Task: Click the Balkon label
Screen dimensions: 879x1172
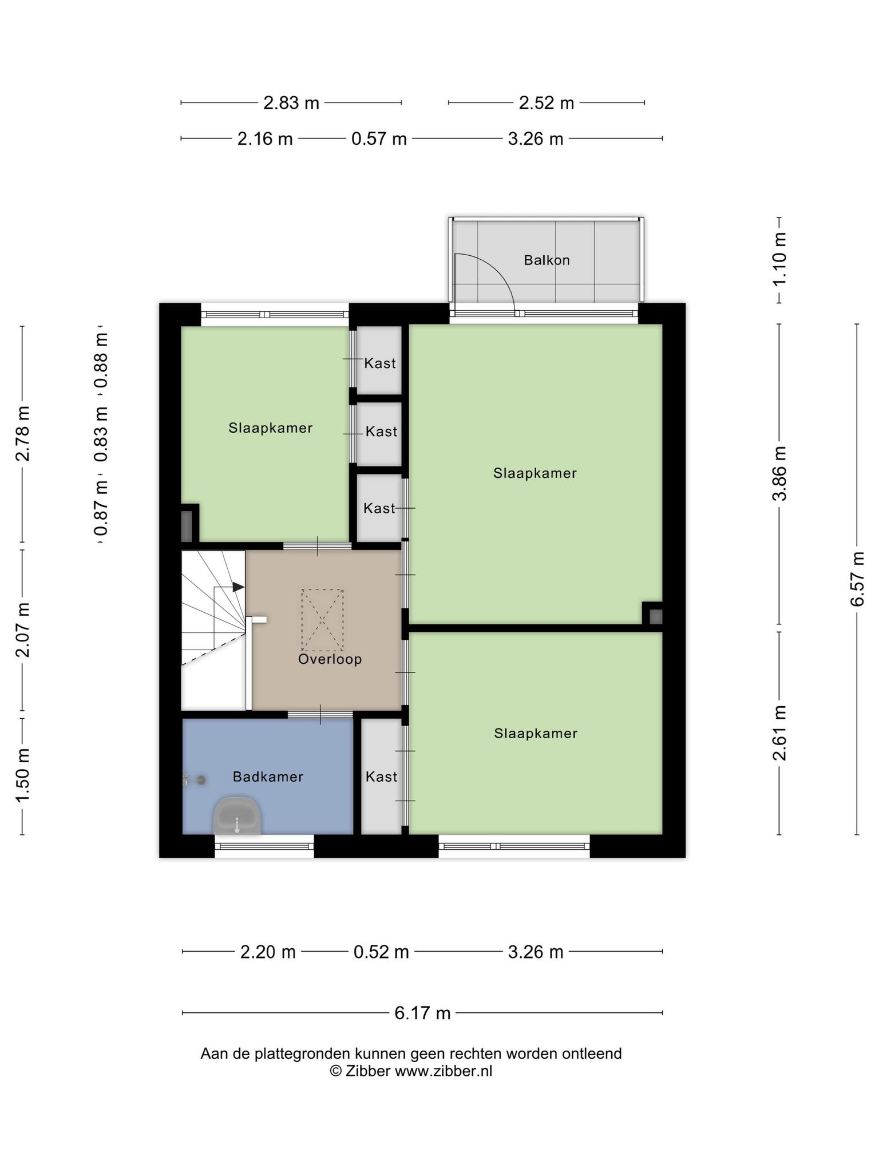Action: (x=547, y=260)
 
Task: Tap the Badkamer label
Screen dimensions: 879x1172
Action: (x=268, y=777)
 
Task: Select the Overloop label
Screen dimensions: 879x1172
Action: (x=330, y=659)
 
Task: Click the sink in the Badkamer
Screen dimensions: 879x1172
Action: (x=237, y=815)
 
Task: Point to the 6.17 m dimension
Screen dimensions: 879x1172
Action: (x=422, y=1013)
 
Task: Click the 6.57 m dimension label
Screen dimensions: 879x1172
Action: (x=857, y=579)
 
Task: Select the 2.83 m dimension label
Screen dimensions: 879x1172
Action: (x=291, y=103)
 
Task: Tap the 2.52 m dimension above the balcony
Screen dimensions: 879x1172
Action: (x=547, y=103)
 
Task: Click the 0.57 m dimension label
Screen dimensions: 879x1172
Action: (x=379, y=139)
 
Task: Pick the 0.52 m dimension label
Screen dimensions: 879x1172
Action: (x=381, y=952)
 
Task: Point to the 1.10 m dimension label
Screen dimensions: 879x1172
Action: (x=779, y=260)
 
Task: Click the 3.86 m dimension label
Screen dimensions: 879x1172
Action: (x=779, y=473)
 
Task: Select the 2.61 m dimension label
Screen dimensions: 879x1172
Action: (x=779, y=733)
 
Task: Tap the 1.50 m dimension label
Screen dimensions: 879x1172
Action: (x=22, y=775)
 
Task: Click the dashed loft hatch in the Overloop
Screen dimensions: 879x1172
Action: (x=323, y=620)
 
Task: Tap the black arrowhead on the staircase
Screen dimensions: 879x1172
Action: (x=238, y=587)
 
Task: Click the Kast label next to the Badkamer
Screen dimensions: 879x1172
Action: (x=381, y=777)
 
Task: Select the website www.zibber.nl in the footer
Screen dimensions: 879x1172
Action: (x=444, y=1071)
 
